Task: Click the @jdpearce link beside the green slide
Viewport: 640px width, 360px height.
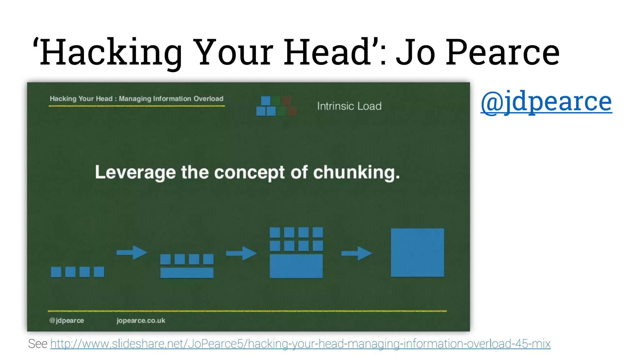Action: point(546,102)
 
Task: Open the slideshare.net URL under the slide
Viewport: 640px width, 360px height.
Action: point(300,344)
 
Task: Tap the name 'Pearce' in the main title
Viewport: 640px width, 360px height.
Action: point(502,52)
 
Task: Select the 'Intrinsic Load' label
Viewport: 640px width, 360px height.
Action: point(349,106)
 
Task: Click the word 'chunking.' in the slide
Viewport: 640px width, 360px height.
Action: point(356,172)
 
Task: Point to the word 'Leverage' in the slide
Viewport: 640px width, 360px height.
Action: point(135,172)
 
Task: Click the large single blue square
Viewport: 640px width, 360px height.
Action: point(417,252)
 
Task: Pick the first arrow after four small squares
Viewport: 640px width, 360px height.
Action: point(132,252)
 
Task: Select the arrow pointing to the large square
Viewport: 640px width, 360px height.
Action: point(357,253)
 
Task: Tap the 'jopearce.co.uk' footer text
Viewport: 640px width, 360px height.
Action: point(141,321)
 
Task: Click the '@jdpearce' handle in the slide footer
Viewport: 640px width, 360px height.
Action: point(67,321)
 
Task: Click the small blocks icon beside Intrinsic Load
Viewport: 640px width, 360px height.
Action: point(276,106)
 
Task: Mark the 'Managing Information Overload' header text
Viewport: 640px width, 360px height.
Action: point(171,99)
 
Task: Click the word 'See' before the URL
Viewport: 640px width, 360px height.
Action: point(37,344)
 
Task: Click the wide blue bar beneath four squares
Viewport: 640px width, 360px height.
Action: point(187,273)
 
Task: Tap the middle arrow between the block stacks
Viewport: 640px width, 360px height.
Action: point(241,253)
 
